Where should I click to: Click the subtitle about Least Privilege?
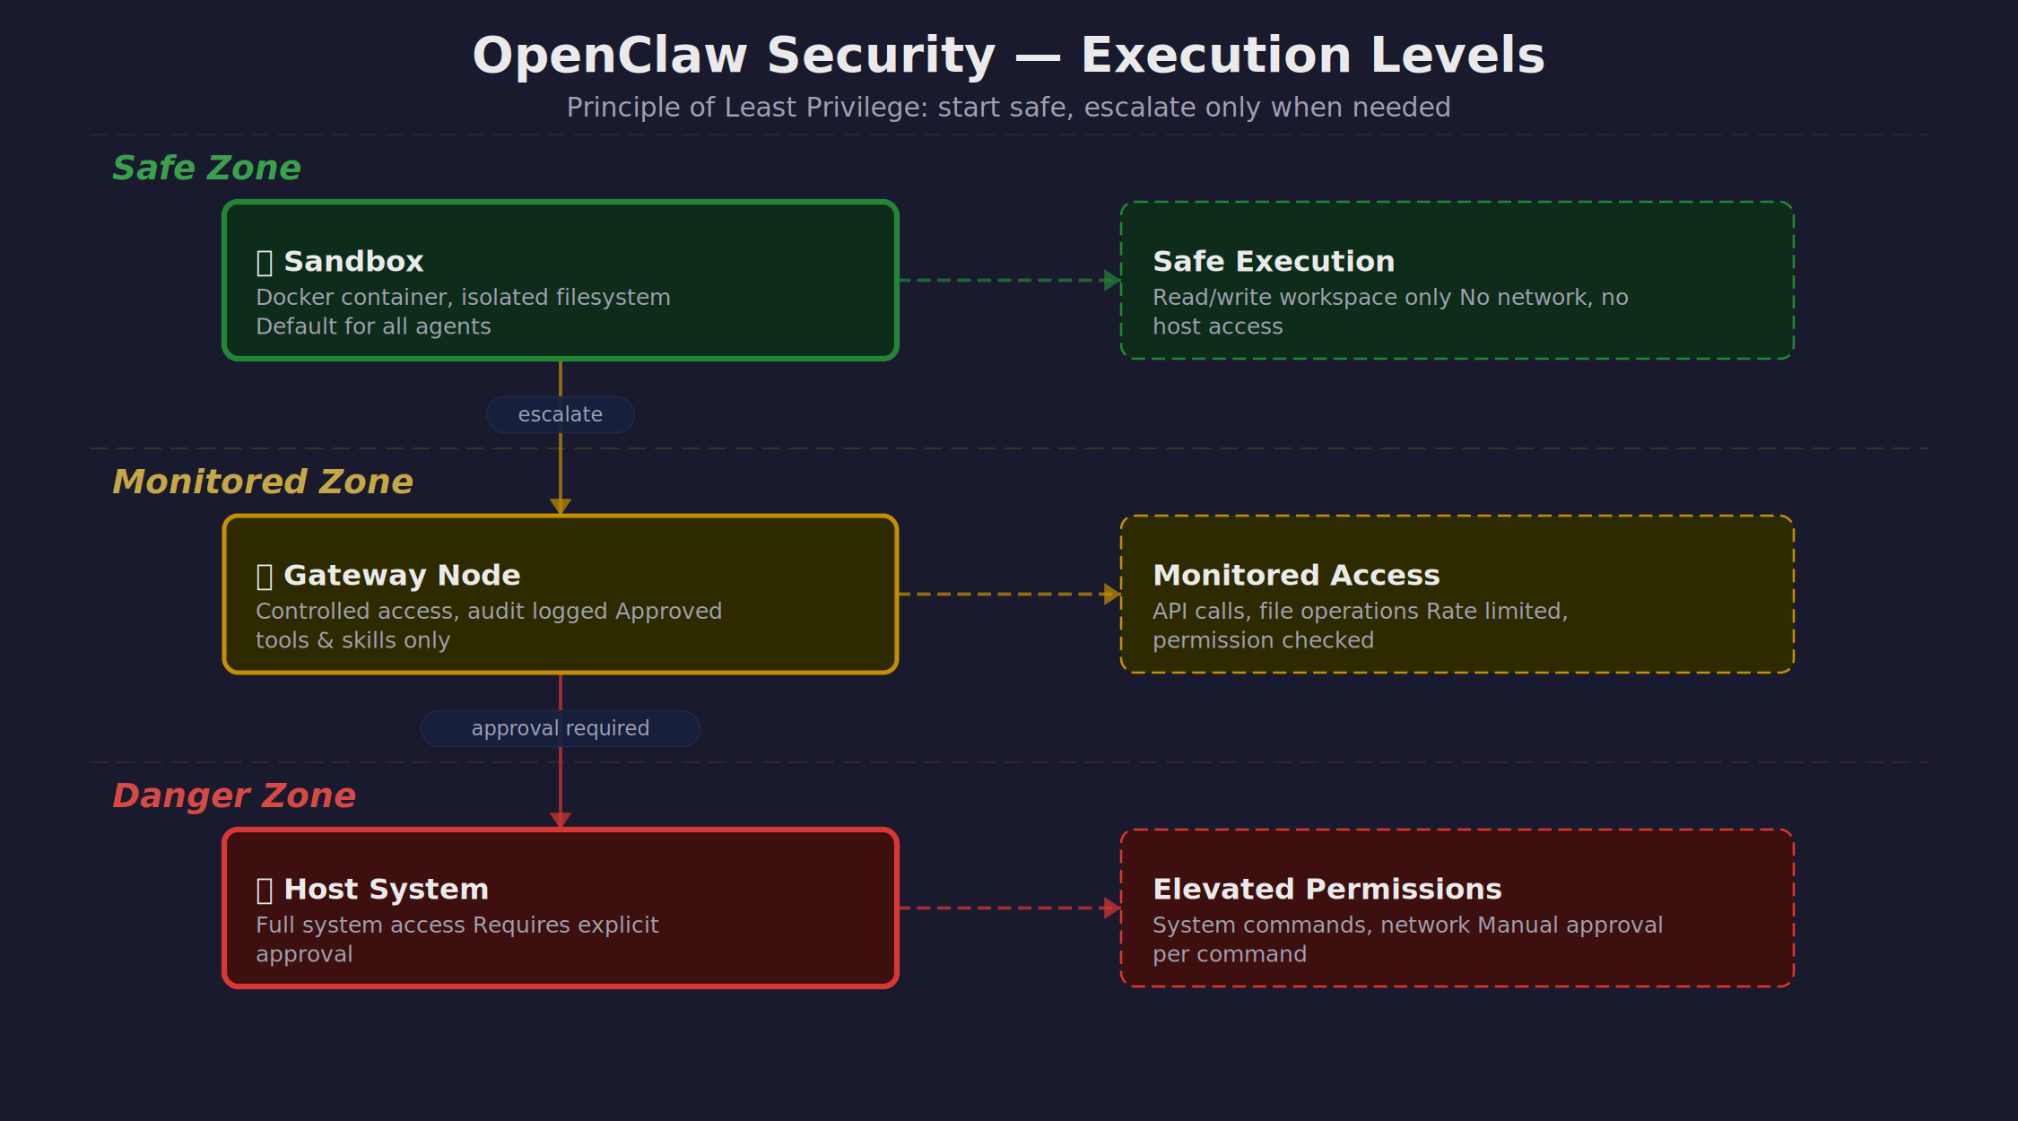click(1008, 108)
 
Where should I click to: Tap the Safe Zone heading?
click(206, 169)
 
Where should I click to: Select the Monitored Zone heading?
click(262, 482)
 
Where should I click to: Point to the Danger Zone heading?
click(233, 796)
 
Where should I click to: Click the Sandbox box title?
click(353, 262)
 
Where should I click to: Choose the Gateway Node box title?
click(401, 576)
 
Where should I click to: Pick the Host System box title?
click(386, 890)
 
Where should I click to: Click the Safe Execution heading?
click(1274, 262)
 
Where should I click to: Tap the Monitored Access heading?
click(1296, 576)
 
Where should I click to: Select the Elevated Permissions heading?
click(1326, 890)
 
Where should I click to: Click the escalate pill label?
click(561, 415)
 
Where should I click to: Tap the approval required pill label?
click(561, 729)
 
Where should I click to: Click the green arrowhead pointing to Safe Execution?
click(1112, 281)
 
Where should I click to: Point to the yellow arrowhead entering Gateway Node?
click(561, 507)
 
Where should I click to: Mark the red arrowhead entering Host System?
click(561, 821)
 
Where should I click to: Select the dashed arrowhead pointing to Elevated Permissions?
click(1112, 908)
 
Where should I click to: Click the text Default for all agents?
click(373, 327)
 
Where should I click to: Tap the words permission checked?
click(1263, 641)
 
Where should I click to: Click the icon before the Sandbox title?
click(265, 263)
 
